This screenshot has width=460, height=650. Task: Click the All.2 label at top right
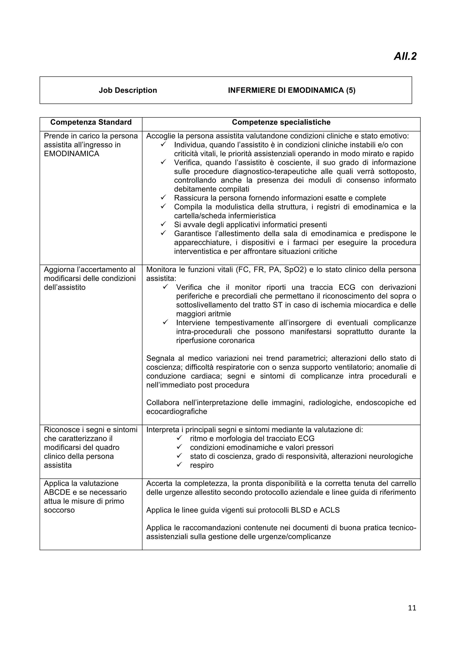pos(405,56)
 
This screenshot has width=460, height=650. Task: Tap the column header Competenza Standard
pos(91,122)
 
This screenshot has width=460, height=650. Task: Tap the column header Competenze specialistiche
pos(281,122)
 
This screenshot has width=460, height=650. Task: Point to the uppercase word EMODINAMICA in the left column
pos(71,154)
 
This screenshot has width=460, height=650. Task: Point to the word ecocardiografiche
pos(177,411)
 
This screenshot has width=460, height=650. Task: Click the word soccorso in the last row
pos(59,510)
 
